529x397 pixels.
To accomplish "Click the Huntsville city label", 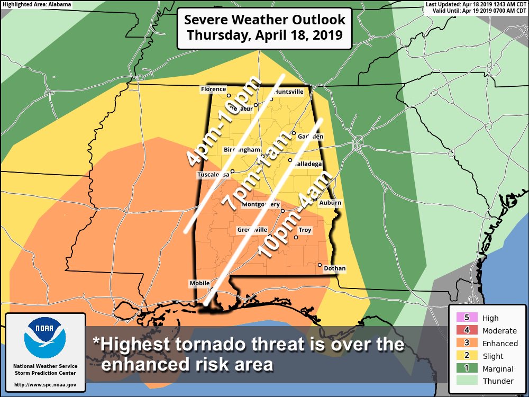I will pyautogui.click(x=289, y=92).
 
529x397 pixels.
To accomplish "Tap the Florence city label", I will pyautogui.click(x=213, y=89).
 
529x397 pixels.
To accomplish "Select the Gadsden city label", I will pyautogui.click(x=311, y=137).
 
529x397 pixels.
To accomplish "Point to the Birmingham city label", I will pyautogui.click(x=242, y=150).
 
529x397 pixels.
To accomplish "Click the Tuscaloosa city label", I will pyautogui.click(x=213, y=174).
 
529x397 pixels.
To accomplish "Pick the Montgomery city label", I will pyautogui.click(x=260, y=204).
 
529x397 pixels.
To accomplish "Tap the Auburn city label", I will pyautogui.click(x=331, y=203).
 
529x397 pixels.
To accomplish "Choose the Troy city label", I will pyautogui.click(x=305, y=230).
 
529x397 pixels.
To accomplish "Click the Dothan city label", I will pyautogui.click(x=334, y=268).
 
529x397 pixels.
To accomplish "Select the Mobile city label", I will pyautogui.click(x=199, y=284).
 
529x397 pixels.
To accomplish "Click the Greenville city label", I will pyautogui.click(x=252, y=230).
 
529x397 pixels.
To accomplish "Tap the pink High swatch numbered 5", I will pyautogui.click(x=466, y=318).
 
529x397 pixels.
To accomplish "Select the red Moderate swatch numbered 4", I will pyautogui.click(x=466, y=330).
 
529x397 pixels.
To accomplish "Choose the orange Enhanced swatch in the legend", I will pyautogui.click(x=466, y=343).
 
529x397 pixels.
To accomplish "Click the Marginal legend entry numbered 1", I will pyautogui.click(x=466, y=368).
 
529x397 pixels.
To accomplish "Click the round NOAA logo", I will pyautogui.click(x=45, y=338).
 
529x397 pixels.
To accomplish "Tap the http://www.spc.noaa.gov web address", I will pyautogui.click(x=45, y=384).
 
